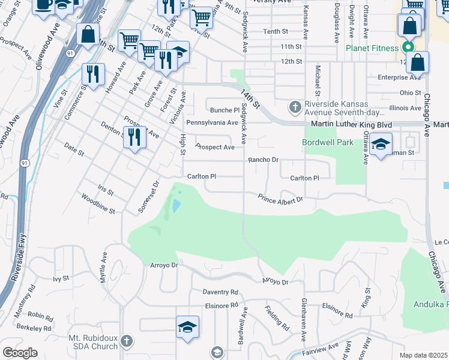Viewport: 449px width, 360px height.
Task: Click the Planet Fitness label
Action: point(372,48)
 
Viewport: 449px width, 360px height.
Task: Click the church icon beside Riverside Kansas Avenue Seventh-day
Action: point(294,107)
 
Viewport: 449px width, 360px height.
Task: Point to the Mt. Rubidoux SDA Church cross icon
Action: point(126,341)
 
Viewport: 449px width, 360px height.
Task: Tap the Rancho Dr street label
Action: point(264,160)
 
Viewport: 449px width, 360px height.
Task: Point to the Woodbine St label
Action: point(98,203)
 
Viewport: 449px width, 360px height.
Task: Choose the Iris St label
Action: point(105,190)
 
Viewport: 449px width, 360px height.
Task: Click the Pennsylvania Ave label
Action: point(212,122)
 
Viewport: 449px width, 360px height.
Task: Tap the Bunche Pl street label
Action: point(224,110)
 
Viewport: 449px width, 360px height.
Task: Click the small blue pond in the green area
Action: point(175,206)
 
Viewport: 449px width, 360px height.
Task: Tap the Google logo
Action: point(20,353)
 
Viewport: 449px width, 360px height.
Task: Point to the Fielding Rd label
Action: point(277,318)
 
